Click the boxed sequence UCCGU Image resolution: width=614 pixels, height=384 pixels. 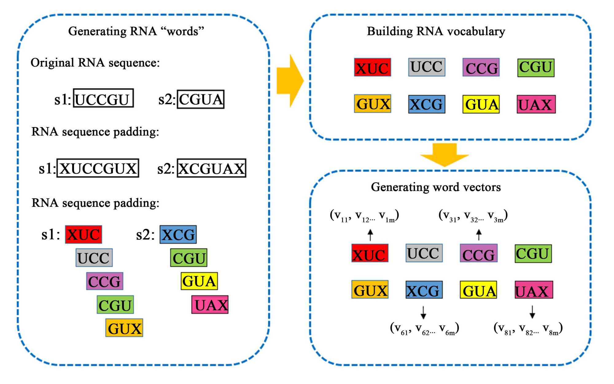tap(103, 98)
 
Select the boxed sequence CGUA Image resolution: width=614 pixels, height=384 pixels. tap(201, 99)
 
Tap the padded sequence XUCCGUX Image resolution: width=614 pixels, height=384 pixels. tap(98, 168)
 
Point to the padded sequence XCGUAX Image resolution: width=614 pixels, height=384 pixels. tap(212, 168)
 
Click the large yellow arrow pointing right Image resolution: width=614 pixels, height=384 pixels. tap(290, 81)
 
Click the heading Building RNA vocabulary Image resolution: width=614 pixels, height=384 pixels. tap(436, 31)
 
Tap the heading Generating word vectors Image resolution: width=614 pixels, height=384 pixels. tap(436, 187)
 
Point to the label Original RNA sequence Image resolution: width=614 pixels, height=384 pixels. tap(95, 63)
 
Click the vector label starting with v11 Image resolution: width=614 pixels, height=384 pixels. tap(364, 216)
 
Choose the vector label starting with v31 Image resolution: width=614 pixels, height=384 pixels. tap(473, 216)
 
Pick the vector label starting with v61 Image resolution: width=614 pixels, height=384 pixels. tap(424, 328)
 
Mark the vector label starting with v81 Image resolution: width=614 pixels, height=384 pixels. tap(528, 328)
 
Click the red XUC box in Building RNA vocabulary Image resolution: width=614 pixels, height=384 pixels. tap(372, 68)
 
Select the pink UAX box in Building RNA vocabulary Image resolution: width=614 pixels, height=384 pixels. tap(536, 104)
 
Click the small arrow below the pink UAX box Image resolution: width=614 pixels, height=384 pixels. tap(532, 312)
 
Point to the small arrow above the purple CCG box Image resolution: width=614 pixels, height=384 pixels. tap(479, 235)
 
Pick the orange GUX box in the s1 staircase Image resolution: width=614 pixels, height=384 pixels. tap(124, 328)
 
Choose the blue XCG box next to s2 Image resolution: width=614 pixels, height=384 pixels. tap(178, 235)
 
